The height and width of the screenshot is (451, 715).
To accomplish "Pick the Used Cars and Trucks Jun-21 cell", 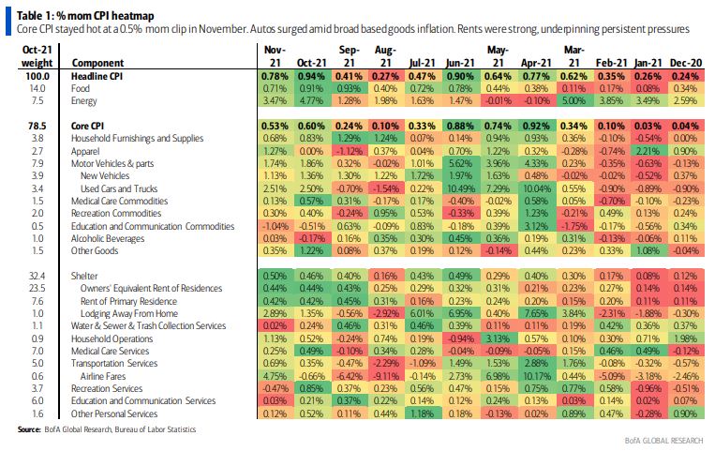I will (462, 187).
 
